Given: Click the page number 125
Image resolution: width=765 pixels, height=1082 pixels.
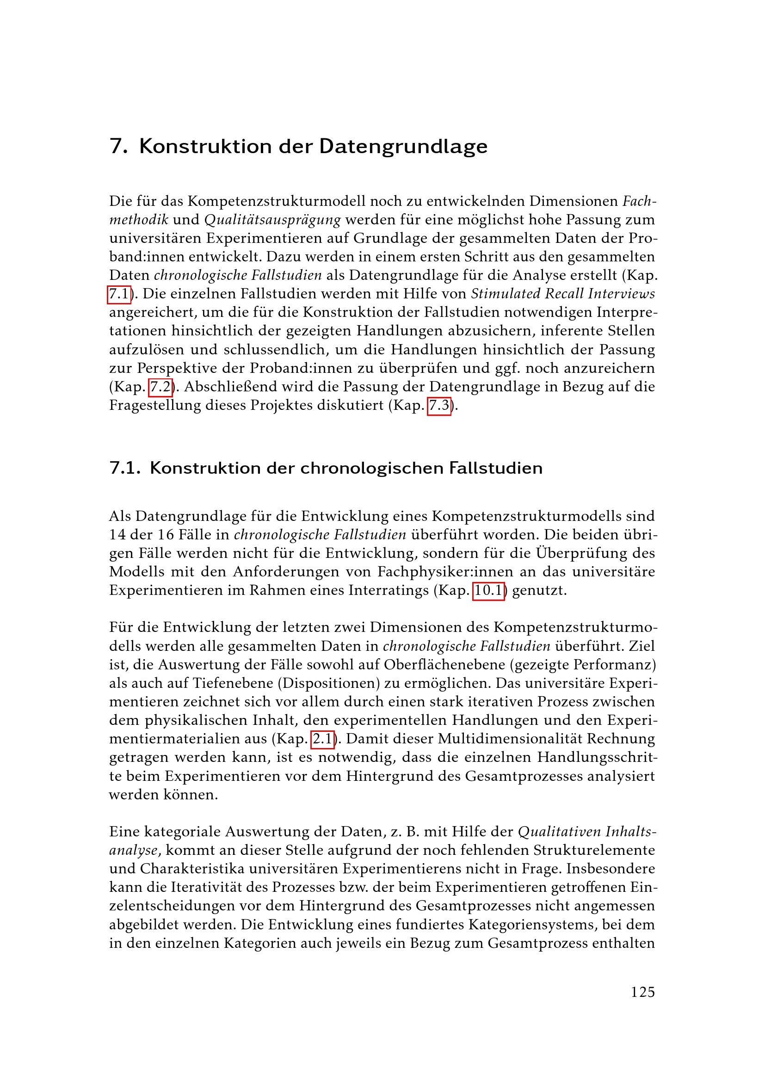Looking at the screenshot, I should pyautogui.click(x=642, y=992).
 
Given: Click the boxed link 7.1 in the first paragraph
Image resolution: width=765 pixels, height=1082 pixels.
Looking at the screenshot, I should pyautogui.click(x=119, y=294).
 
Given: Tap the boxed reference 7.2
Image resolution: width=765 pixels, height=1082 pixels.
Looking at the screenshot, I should pyautogui.click(x=160, y=387).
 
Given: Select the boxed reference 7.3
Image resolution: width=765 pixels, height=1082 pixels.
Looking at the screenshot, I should pyautogui.click(x=438, y=405).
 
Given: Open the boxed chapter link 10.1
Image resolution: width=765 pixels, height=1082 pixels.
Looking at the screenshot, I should pyautogui.click(x=488, y=590).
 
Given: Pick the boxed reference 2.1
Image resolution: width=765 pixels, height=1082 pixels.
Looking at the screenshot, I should pyautogui.click(x=323, y=738).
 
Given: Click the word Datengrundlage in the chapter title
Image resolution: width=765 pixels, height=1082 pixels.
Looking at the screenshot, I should pyautogui.click(x=403, y=146).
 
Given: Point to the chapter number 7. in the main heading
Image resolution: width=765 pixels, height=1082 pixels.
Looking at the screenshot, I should pyautogui.click(x=119, y=146).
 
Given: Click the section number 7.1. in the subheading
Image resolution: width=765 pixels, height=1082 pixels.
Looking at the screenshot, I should pyautogui.click(x=125, y=468).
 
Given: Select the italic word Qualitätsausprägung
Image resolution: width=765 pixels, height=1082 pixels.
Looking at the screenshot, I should pyautogui.click(x=272, y=220).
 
